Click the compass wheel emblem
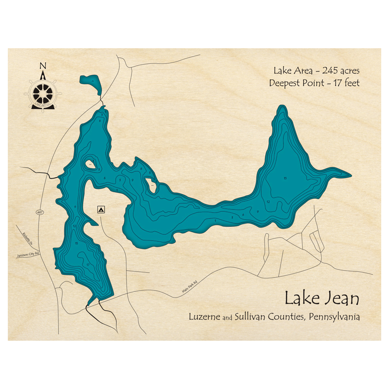[43, 93]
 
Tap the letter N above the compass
[43, 65]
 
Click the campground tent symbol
[101, 210]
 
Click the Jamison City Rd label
[28, 255]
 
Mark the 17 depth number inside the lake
[89, 265]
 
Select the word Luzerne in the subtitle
[205, 317]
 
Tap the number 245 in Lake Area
[328, 71]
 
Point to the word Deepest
[286, 83]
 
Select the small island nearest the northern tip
[90, 164]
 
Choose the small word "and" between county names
[228, 318]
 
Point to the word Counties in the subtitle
[287, 317]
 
